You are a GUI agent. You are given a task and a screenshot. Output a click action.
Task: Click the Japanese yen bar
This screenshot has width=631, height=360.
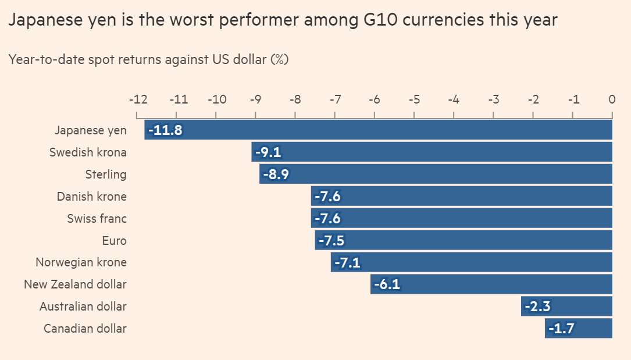378,130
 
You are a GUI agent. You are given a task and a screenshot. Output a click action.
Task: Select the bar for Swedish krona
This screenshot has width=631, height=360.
432,152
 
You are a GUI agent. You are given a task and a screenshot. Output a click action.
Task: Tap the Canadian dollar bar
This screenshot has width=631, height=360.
578,328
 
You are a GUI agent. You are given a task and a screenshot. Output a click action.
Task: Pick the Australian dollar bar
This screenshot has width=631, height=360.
566,306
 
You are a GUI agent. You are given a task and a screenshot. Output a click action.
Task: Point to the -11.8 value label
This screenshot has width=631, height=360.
165,130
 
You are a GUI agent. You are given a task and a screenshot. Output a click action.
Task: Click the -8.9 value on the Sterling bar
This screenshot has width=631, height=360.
276,174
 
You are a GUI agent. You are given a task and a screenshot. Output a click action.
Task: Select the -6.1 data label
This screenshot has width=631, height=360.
387,284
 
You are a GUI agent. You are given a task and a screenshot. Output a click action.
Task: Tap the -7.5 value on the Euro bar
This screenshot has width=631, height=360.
332,240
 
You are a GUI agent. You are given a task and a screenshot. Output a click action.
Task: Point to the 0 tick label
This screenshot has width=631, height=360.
612,99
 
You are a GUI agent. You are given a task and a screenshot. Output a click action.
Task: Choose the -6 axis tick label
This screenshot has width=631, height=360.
374,99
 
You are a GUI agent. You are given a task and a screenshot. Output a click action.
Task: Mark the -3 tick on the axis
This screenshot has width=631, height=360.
493,99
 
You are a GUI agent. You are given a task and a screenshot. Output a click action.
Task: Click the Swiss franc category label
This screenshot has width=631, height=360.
97,219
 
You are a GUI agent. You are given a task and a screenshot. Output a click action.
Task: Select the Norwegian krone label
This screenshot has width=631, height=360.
81,262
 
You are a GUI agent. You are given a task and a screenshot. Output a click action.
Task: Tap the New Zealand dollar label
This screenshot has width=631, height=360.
75,284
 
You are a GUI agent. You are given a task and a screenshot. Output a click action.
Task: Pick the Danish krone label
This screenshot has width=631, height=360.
91,197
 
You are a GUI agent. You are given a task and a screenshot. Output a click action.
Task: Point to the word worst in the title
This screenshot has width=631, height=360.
176,20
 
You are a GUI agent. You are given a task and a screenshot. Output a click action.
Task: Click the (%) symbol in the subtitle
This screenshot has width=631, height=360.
279,59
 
